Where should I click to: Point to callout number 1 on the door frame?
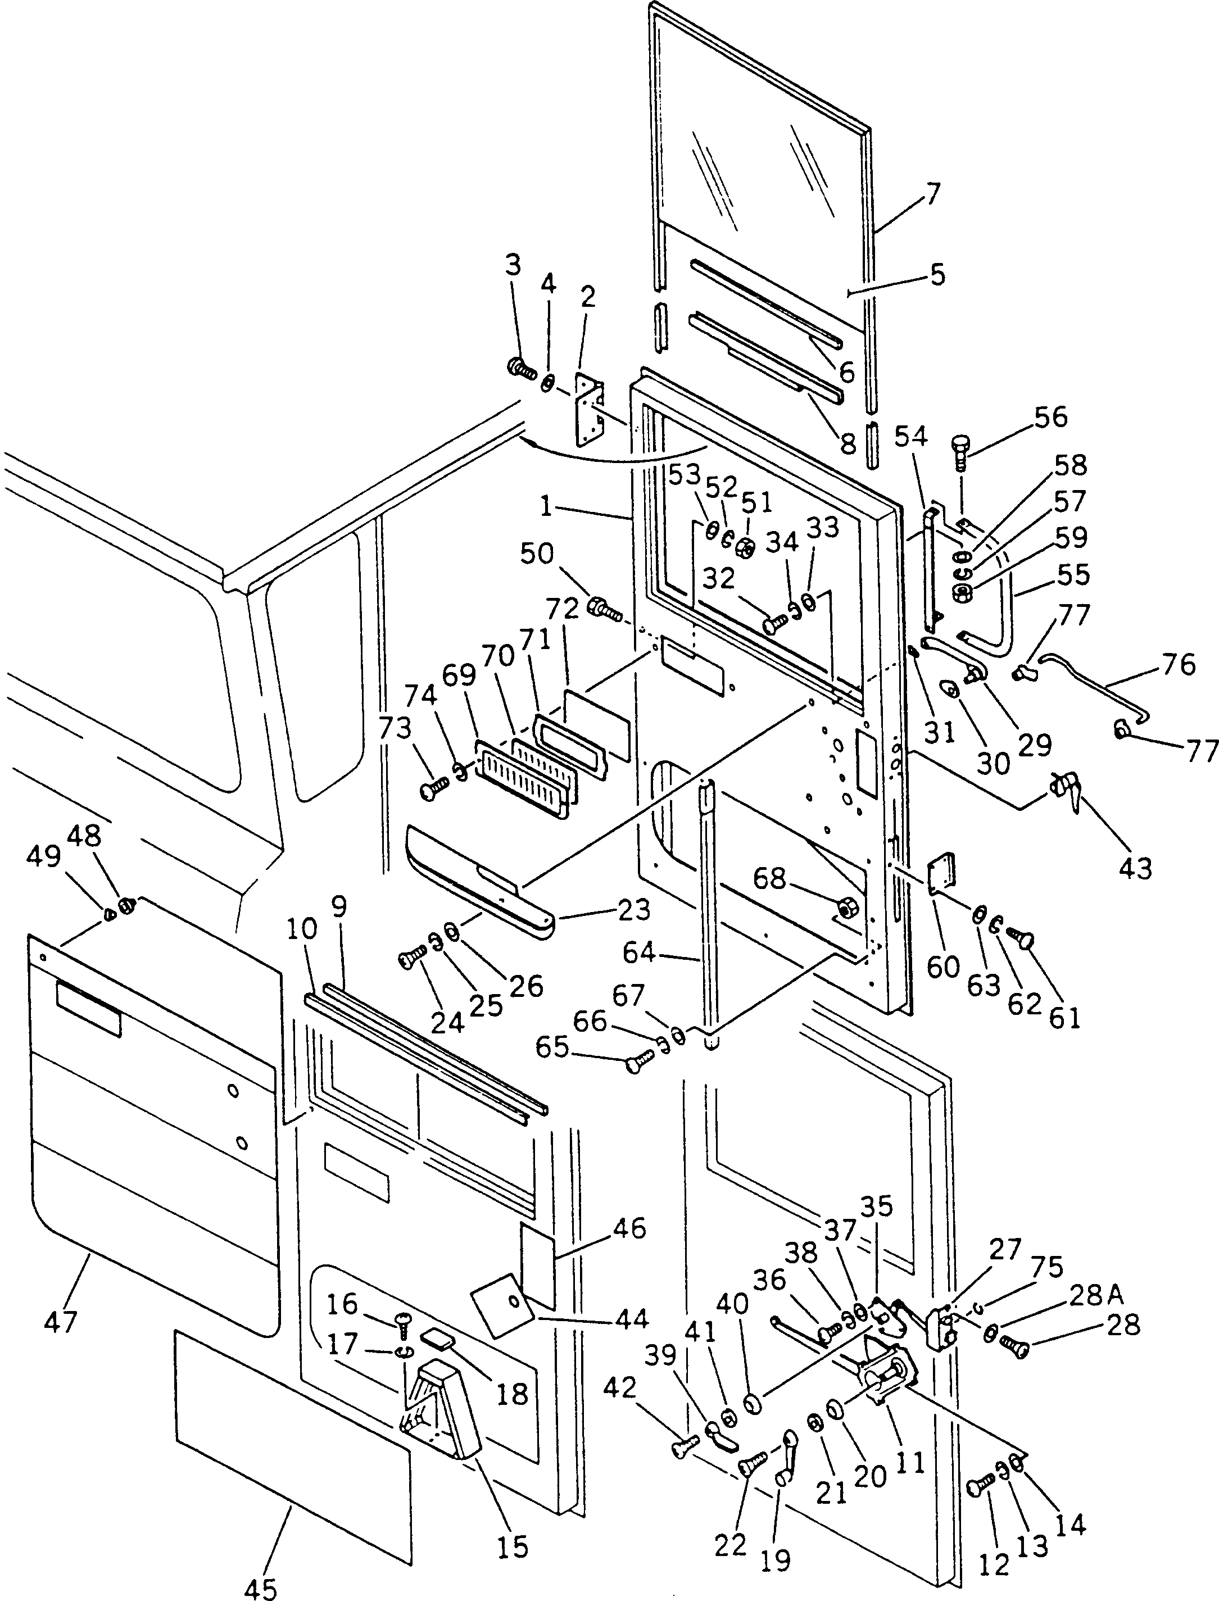tap(546, 506)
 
